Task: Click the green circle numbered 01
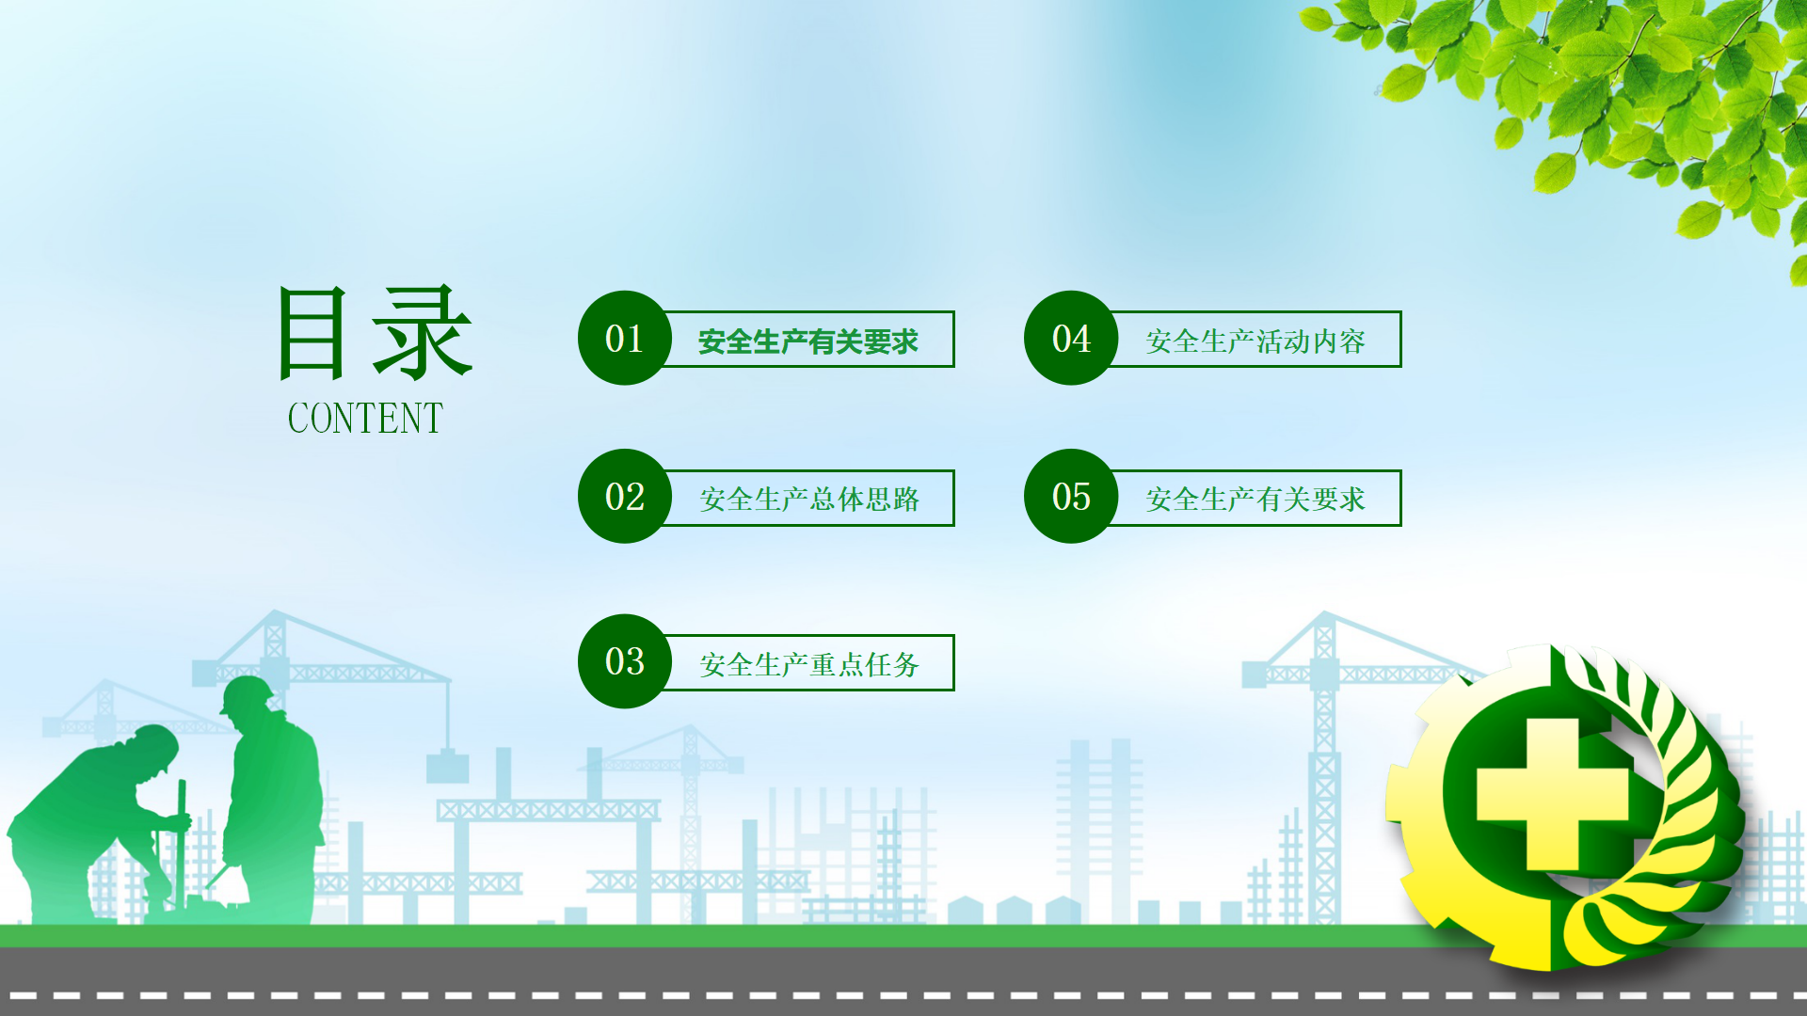coord(625,338)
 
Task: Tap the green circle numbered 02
coord(625,496)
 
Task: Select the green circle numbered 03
coord(625,661)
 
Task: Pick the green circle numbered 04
coord(1071,338)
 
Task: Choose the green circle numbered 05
coord(1071,496)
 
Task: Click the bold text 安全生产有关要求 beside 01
coord(808,341)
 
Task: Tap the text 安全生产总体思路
coord(809,499)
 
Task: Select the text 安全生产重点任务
coord(809,664)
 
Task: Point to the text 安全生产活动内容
coord(1255,341)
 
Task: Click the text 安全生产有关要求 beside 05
coord(1255,499)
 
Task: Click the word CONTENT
coord(365,419)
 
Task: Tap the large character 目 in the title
coord(312,333)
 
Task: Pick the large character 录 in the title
coord(422,333)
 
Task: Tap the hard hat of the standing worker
coord(248,693)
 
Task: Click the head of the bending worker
coord(154,750)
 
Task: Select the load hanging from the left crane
coord(447,767)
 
